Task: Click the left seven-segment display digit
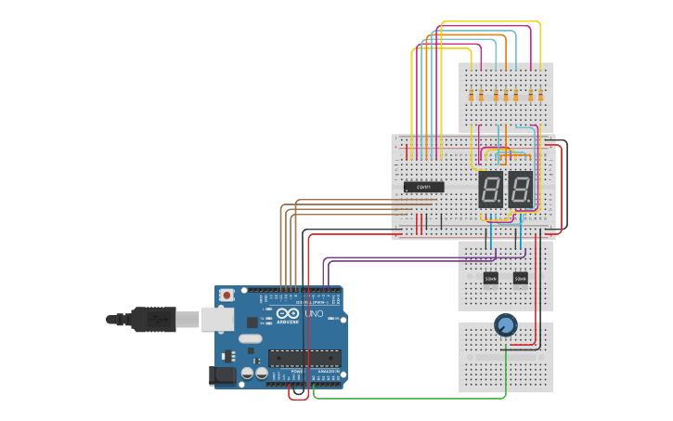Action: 490,190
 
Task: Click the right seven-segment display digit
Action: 521,190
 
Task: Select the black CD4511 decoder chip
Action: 424,187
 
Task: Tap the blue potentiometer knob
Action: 505,324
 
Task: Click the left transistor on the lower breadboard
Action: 491,277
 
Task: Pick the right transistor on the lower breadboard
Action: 521,277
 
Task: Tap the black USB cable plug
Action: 153,319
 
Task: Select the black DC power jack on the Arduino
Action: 222,375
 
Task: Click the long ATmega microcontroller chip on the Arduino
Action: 304,358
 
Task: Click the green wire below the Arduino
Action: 408,398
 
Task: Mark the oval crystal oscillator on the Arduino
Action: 250,338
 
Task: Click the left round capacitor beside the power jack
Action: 248,374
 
